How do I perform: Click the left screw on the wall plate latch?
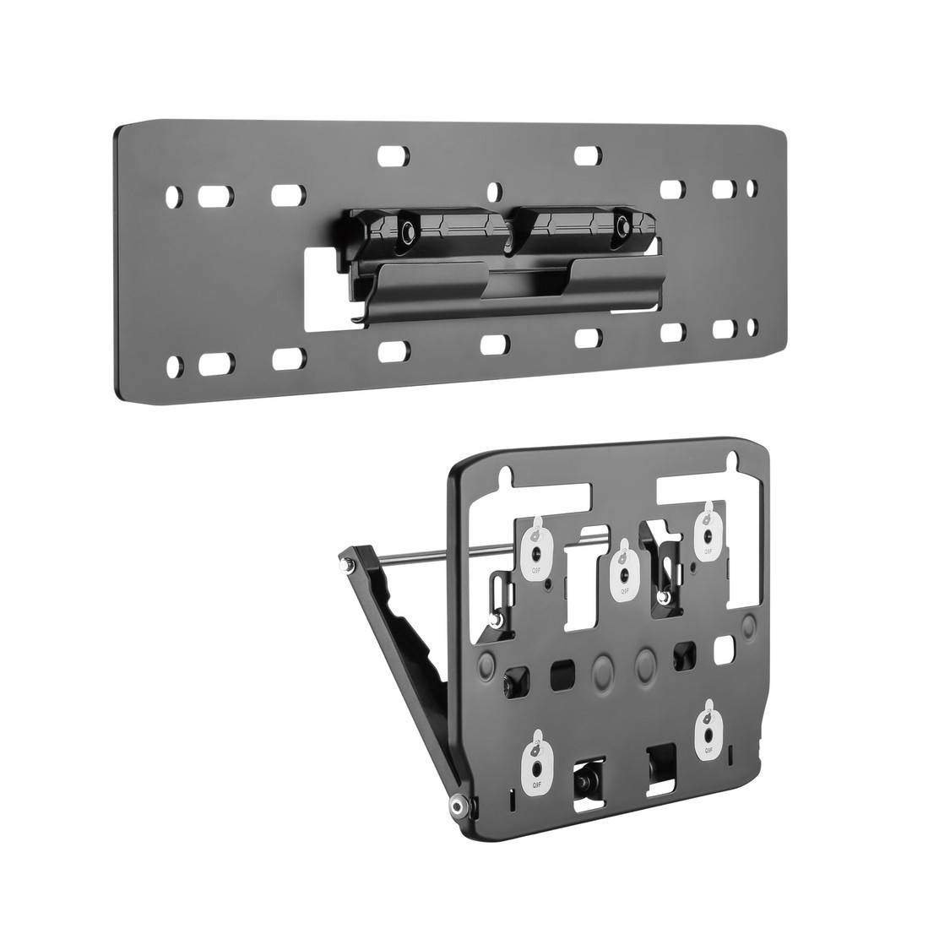pos(407,231)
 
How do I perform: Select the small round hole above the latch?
pos(499,190)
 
